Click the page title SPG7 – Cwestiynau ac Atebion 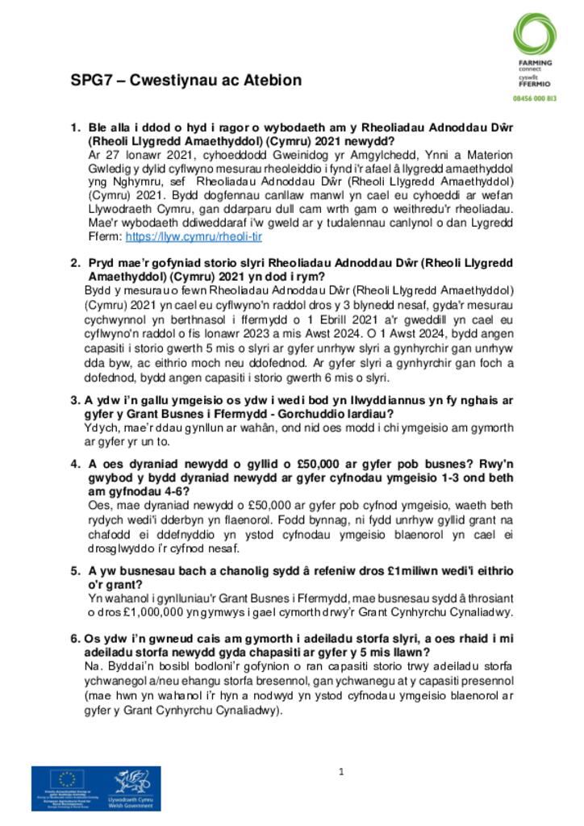pyautogui.click(x=186, y=81)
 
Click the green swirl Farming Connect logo pyautogui.click(x=534, y=35)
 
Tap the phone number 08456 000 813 pyautogui.click(x=535, y=98)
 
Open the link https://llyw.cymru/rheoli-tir pyautogui.click(x=194, y=238)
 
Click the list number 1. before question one pyautogui.click(x=76, y=127)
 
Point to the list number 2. pyautogui.click(x=76, y=263)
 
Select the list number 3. pyautogui.click(x=75, y=400)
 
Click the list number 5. pyautogui.click(x=75, y=570)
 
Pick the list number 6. pyautogui.click(x=75, y=638)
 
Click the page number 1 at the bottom pyautogui.click(x=341, y=772)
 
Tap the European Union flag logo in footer pyautogui.click(x=68, y=779)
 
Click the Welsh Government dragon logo pyautogui.click(x=133, y=786)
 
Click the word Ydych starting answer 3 pyautogui.click(x=100, y=428)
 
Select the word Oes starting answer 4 pyautogui.click(x=98, y=505)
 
